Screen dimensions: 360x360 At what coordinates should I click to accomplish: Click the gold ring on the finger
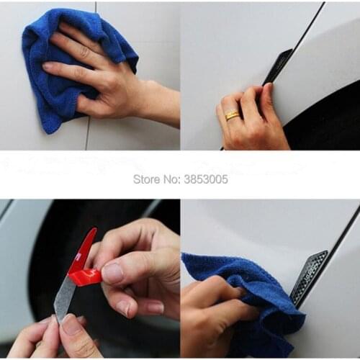point(232,114)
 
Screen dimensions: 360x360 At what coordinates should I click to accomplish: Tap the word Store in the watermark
point(146,179)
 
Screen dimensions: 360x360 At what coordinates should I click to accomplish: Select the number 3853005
point(205,179)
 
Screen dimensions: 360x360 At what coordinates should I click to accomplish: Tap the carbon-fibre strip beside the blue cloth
point(309,277)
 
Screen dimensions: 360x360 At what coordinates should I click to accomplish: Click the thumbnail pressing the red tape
point(113,273)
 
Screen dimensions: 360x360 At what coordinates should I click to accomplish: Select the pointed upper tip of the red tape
point(93,230)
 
